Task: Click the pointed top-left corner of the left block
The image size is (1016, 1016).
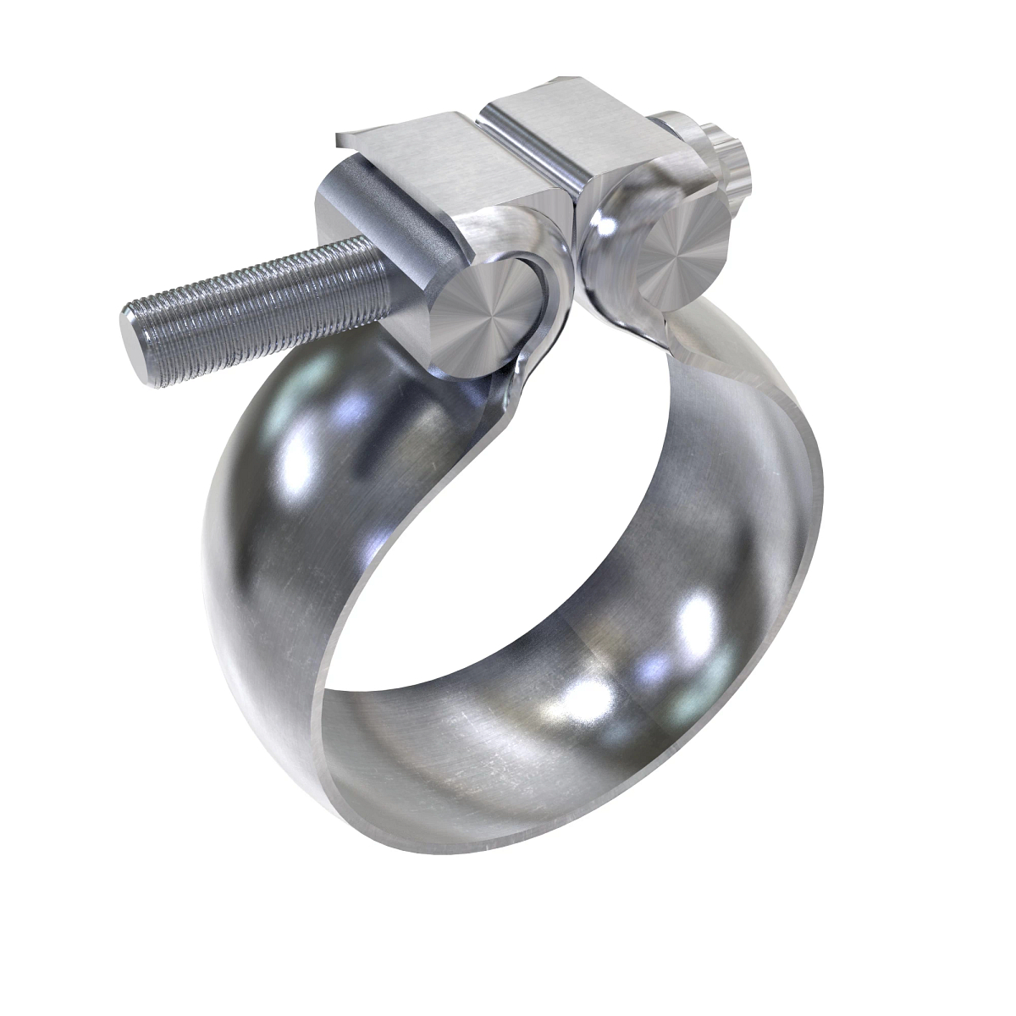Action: tap(338, 138)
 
